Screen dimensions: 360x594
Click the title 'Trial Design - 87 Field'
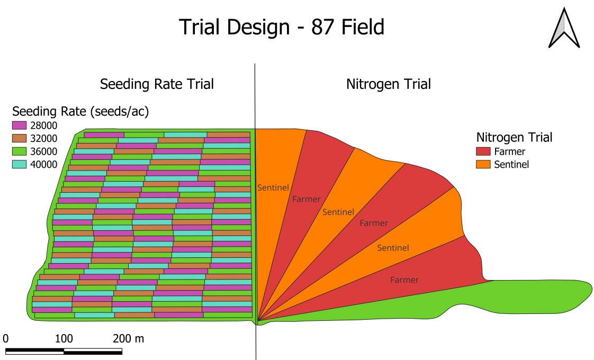click(281, 27)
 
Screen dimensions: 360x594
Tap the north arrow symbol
click(564, 29)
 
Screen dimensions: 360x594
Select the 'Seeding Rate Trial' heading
click(157, 84)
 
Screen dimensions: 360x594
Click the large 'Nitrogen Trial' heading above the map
click(388, 84)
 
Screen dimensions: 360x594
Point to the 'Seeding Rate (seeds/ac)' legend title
click(80, 112)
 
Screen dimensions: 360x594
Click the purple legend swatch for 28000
click(19, 126)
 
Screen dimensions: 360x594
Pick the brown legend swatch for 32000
click(19, 139)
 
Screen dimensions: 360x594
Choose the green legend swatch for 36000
click(19, 151)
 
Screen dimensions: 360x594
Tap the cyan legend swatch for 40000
click(19, 164)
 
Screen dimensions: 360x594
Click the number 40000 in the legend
click(44, 164)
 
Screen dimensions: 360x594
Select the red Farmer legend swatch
click(483, 151)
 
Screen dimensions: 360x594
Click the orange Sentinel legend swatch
click(483, 164)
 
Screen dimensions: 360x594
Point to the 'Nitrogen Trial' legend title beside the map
click(514, 138)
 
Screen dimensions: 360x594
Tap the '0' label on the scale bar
click(6, 338)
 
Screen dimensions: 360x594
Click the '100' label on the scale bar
click(64, 338)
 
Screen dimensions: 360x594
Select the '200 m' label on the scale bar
click(128, 338)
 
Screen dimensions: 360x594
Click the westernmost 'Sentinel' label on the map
click(273, 187)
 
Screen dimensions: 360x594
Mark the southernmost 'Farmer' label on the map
click(404, 280)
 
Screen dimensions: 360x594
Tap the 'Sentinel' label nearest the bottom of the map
click(393, 248)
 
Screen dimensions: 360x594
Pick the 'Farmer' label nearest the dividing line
click(306, 199)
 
